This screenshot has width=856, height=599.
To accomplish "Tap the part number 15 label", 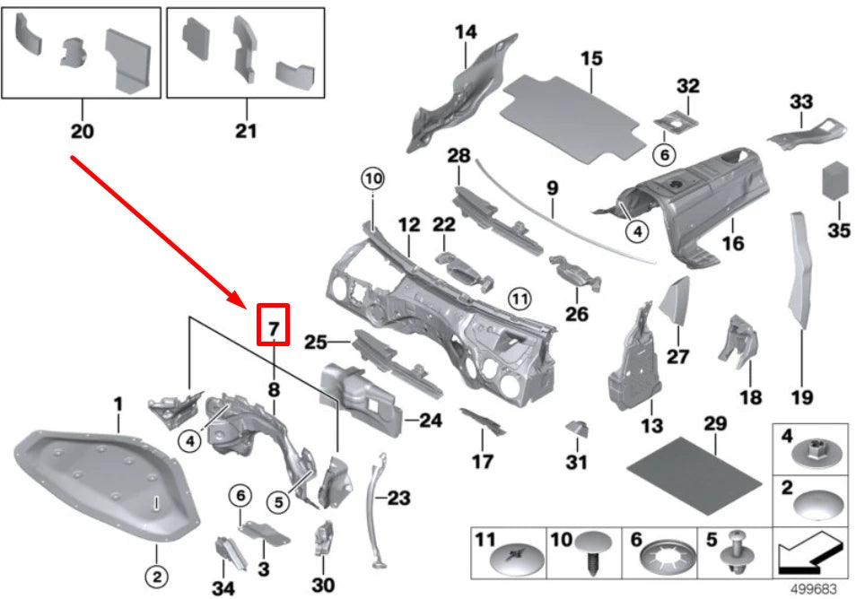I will click(x=590, y=60).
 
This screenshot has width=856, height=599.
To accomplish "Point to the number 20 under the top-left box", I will click(x=81, y=131).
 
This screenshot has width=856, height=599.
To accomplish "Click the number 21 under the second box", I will click(x=246, y=131).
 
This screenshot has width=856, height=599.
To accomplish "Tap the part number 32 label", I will click(x=687, y=87).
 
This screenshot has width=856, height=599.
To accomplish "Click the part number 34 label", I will click(x=223, y=587).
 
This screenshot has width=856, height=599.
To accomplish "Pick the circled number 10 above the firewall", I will click(x=372, y=178).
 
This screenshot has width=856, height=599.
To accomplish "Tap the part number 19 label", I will click(x=801, y=395).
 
